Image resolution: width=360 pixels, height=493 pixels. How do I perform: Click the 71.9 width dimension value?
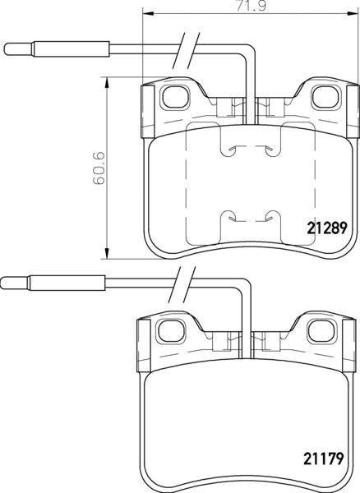point(251,7)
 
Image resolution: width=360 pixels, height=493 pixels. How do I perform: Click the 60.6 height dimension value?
point(99,168)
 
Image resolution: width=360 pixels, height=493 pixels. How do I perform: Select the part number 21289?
point(327,228)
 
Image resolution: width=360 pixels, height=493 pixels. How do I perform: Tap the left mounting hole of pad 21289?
point(175,97)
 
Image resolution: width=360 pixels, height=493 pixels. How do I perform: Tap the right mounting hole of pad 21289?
point(326,97)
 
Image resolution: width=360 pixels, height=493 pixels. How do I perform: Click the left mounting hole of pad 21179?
point(171,331)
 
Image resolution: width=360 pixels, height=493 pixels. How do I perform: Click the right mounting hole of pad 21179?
point(322,331)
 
